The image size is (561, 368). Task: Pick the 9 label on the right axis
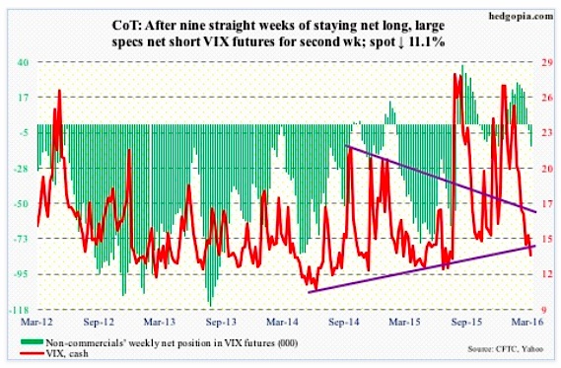[541, 308]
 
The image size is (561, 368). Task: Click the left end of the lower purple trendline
[310, 291]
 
